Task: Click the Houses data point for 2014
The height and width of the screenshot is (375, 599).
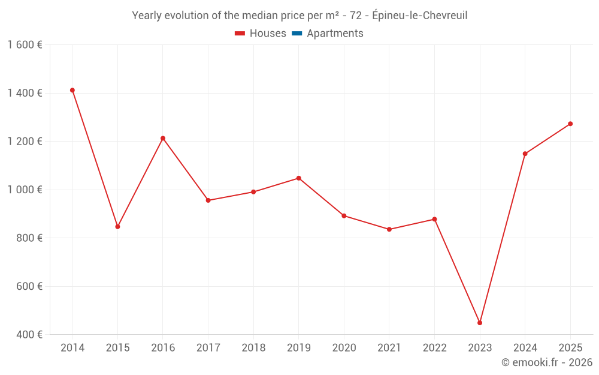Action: [x=72, y=90]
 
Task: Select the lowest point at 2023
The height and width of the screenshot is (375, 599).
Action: [x=480, y=323]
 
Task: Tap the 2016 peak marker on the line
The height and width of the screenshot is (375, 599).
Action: [x=163, y=139]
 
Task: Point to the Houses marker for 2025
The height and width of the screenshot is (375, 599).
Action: [x=570, y=124]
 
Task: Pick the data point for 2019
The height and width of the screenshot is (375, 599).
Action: [x=298, y=178]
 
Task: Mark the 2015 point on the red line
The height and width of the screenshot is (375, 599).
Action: [x=117, y=227]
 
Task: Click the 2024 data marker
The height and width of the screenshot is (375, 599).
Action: [x=525, y=154]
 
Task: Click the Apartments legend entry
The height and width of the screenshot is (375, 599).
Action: [x=335, y=34]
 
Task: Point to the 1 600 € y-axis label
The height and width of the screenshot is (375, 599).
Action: [x=25, y=44]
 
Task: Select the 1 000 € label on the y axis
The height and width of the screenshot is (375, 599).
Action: [x=25, y=190]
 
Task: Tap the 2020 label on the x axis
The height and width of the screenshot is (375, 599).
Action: [x=344, y=348]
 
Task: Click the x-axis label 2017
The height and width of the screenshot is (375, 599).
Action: [x=208, y=348]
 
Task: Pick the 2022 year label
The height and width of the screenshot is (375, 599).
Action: [x=434, y=348]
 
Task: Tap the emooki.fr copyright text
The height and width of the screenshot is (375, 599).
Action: [x=547, y=362]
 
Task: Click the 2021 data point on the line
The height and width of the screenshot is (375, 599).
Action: [x=389, y=229]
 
